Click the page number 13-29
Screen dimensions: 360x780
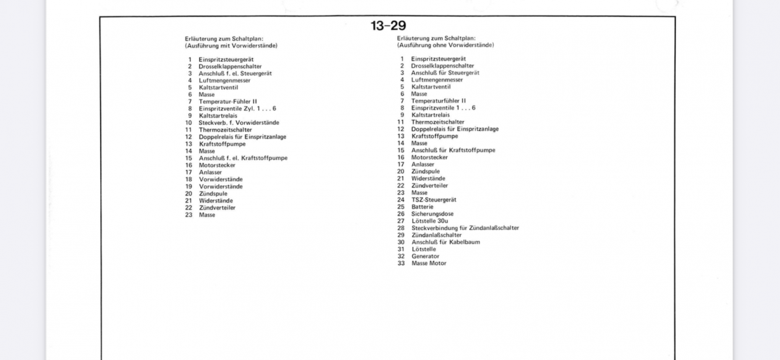click(388, 26)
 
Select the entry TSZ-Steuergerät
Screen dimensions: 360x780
click(434, 199)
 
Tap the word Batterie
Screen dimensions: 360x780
click(423, 207)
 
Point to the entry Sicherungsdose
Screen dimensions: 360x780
click(432, 214)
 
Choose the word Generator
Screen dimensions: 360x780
click(425, 256)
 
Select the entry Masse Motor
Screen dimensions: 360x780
click(429, 263)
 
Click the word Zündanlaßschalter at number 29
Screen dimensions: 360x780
click(436, 235)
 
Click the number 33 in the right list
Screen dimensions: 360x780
click(401, 263)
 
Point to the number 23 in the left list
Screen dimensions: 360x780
click(188, 214)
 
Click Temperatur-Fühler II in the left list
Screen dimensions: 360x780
click(228, 101)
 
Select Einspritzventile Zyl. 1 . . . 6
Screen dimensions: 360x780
click(237, 109)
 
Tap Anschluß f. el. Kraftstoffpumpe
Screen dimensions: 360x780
click(243, 158)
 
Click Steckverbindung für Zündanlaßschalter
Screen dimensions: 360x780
click(465, 228)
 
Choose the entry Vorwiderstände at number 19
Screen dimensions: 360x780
click(221, 186)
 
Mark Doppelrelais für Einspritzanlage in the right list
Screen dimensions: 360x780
click(455, 129)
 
